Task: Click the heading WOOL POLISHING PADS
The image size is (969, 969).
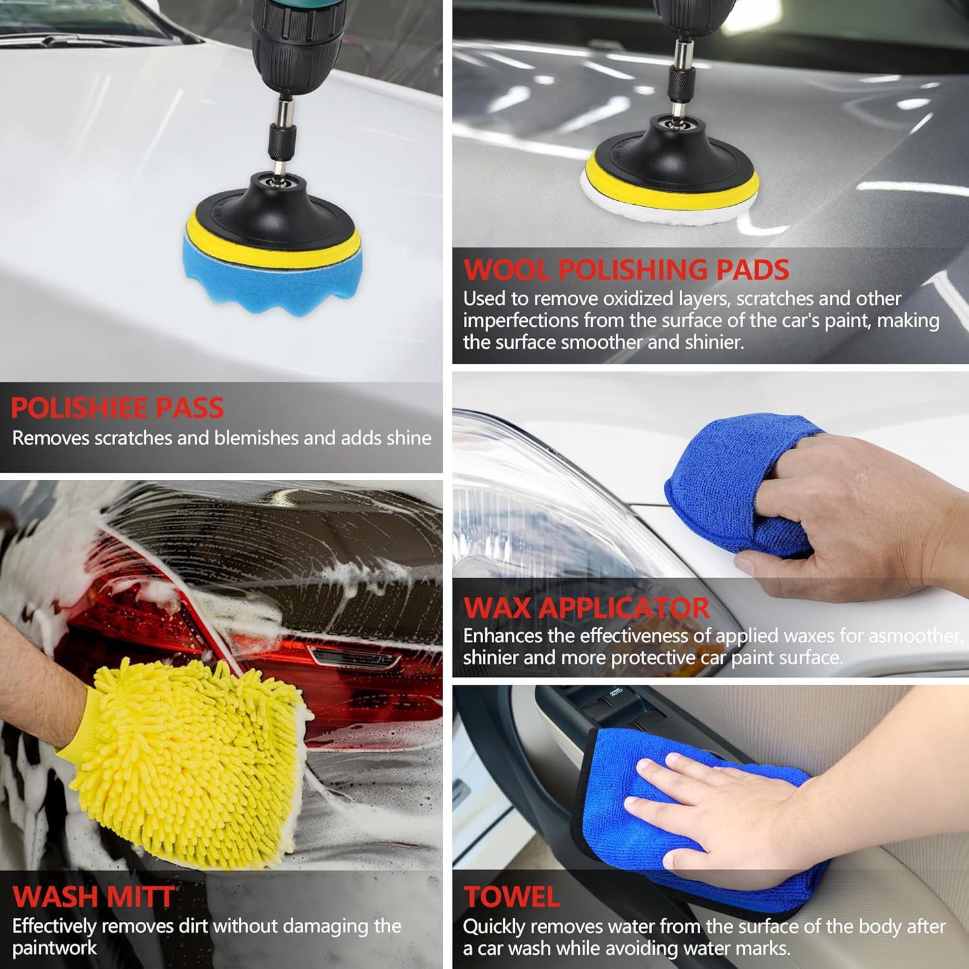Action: pyautogui.click(x=626, y=270)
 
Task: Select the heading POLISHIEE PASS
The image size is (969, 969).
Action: pyautogui.click(x=118, y=408)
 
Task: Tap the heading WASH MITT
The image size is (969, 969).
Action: pyautogui.click(x=93, y=897)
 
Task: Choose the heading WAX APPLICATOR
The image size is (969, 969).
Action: pyautogui.click(x=586, y=608)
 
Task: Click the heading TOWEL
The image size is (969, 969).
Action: pyautogui.click(x=512, y=897)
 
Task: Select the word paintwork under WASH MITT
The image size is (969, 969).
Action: pyautogui.click(x=54, y=948)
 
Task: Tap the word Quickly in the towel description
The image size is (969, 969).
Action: pyautogui.click(x=494, y=927)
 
